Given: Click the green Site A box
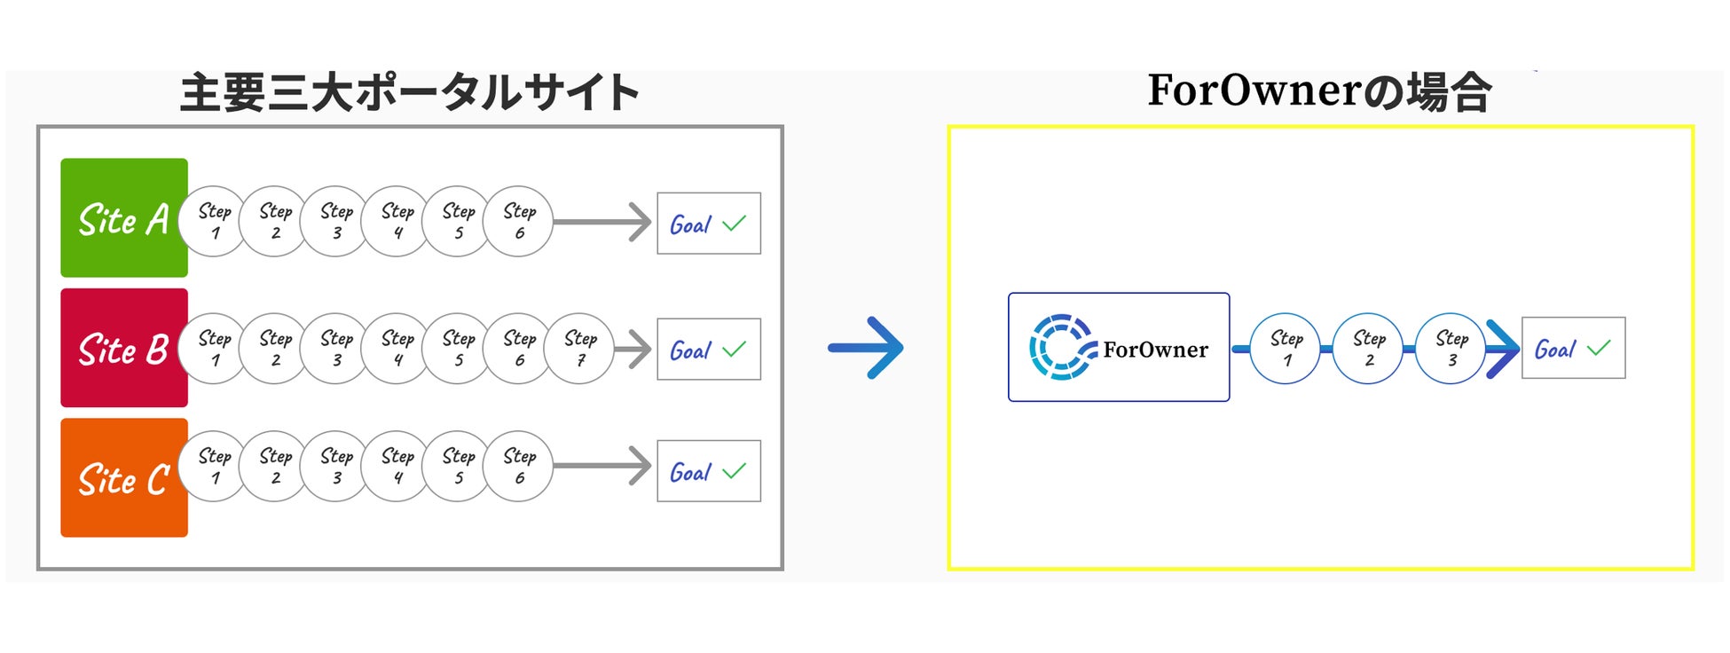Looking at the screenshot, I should pos(123,218).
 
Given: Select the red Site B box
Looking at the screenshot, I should pos(123,348).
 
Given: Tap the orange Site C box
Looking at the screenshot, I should pos(123,478).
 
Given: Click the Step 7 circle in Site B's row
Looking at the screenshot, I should pos(580,349).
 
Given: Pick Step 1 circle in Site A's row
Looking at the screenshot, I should pos(215,222).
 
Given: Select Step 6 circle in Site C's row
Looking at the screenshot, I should pos(519,467).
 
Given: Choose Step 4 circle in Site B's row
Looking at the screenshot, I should pos(397,349).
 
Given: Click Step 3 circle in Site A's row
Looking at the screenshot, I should pos(336,222).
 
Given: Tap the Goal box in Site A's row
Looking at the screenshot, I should pos(708,224).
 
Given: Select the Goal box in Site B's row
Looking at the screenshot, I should pos(708,350).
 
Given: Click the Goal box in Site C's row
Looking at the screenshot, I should pos(708,471).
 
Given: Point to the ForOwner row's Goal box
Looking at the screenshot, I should pos(1573,349).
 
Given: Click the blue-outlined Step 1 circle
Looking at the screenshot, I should pos(1286,349).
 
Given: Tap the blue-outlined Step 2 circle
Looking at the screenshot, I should pos(1369,349).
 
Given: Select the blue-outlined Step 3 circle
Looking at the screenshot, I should pos(1451,349).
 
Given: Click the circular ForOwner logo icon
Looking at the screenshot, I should pos(1061,347).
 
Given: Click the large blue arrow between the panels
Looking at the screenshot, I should pos(866,348).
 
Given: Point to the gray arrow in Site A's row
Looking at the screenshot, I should pos(603,222).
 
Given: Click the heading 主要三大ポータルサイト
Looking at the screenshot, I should pos(409,93).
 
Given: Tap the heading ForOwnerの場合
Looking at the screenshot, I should pos(1319,91).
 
